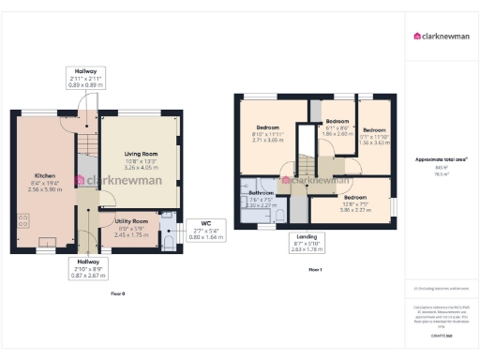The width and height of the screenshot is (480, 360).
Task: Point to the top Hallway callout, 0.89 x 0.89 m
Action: (88, 78)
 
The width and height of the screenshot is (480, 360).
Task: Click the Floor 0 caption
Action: (117, 294)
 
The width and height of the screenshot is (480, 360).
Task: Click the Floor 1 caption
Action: (315, 270)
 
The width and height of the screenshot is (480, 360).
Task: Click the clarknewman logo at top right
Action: (442, 37)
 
